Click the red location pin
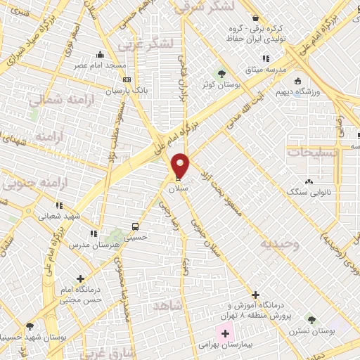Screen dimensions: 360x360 pos(181,166)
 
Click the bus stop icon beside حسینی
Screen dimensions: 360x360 pos(134,227)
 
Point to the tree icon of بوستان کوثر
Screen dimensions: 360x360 pos(221,73)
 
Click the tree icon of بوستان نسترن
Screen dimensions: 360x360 pos(310,319)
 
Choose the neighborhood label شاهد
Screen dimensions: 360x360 pos(186,304)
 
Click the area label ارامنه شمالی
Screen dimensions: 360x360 pos(52,101)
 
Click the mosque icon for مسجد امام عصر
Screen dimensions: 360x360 pos(103,54)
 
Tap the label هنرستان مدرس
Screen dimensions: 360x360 pos(87,245)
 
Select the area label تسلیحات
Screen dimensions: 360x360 pos(312,152)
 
